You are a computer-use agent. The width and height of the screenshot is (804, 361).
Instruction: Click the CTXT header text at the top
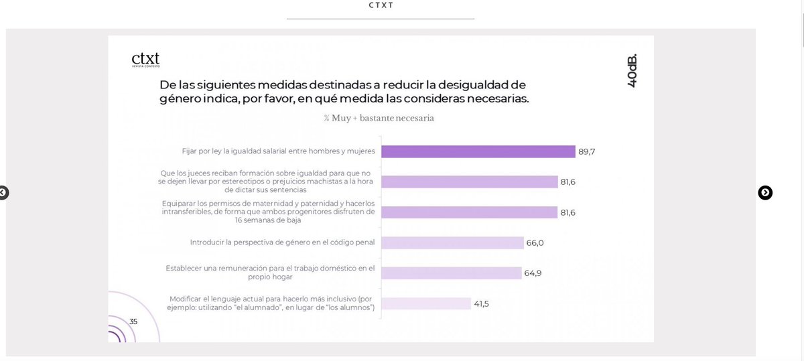point(380,5)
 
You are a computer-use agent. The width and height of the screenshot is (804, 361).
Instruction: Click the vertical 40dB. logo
point(632,69)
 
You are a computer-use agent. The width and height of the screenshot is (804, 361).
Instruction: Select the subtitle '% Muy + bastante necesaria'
point(379,118)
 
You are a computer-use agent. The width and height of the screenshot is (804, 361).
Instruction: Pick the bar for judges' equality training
point(469,182)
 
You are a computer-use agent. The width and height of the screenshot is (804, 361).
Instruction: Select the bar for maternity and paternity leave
point(469,212)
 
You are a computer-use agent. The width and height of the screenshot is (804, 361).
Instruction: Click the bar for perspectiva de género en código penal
point(452,242)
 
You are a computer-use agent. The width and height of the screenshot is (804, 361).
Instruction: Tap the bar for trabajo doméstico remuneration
point(451,273)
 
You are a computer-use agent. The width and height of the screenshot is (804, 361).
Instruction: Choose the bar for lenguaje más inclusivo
point(426,303)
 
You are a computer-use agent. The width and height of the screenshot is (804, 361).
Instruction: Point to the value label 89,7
point(586,152)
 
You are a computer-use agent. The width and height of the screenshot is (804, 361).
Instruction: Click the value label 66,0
point(535,242)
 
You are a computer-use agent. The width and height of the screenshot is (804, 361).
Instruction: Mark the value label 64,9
point(533,273)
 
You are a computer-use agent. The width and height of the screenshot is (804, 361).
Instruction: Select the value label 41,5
point(482,303)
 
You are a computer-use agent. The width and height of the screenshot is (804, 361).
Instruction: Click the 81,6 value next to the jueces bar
point(567,182)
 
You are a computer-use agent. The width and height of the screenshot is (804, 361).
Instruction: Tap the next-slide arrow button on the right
point(765,193)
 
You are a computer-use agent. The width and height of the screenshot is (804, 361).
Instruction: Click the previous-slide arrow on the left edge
point(3,193)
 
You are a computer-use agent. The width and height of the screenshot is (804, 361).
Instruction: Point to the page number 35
point(133,321)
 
